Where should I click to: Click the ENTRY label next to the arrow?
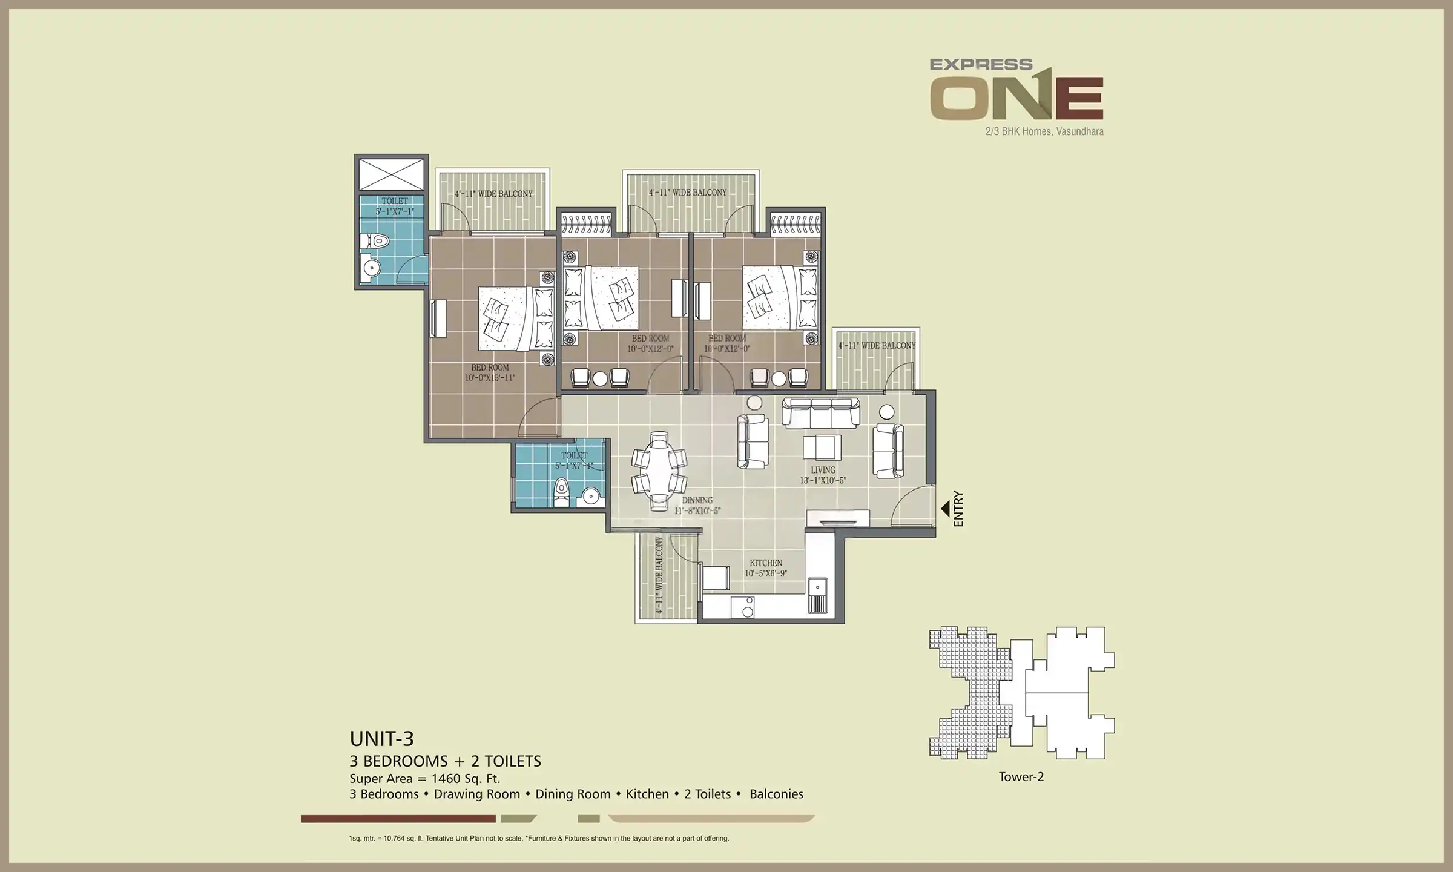tap(958, 509)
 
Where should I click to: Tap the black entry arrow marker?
tap(945, 509)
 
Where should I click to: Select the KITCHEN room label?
tap(766, 563)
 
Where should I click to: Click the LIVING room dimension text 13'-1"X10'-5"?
tap(822, 480)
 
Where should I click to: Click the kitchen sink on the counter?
tap(817, 587)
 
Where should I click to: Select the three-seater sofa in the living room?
tap(820, 412)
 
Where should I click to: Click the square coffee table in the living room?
tap(822, 448)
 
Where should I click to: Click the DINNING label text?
tap(697, 500)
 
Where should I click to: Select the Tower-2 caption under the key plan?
tap(1021, 777)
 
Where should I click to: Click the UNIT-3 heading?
tap(381, 739)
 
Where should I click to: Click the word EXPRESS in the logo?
tap(981, 64)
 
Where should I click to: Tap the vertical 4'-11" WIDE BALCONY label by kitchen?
tap(659, 576)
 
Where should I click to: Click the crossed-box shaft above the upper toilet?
tap(391, 174)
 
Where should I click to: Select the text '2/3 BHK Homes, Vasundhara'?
tap(1044, 131)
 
